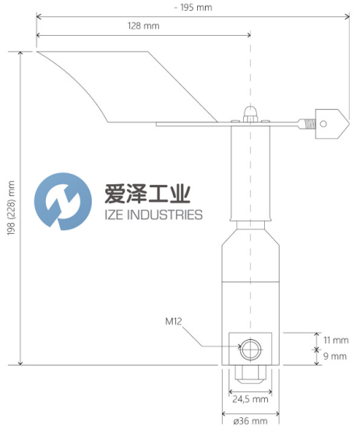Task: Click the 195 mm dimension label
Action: pyautogui.click(x=193, y=8)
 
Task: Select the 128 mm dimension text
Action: pyautogui.click(x=143, y=26)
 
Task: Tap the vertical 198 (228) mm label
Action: pyautogui.click(x=11, y=208)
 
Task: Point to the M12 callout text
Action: pyautogui.click(x=174, y=321)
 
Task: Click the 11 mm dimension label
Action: pyautogui.click(x=336, y=340)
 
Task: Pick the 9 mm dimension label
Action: pyautogui.click(x=335, y=356)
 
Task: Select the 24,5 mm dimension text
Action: pyautogui.click(x=250, y=399)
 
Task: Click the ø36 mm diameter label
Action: pyautogui.click(x=250, y=421)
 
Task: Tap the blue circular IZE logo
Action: pyautogui.click(x=63, y=201)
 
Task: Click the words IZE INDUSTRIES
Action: pyautogui.click(x=154, y=215)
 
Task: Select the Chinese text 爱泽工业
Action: pyautogui.click(x=147, y=194)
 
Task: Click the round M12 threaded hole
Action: pyautogui.click(x=250, y=350)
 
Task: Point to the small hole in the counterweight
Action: pyautogui.click(x=323, y=124)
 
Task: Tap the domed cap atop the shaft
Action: pyautogui.click(x=250, y=113)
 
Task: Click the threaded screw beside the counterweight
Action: pyautogui.click(x=310, y=124)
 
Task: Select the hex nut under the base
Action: pyautogui.click(x=250, y=374)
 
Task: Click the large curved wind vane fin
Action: pyautogui.click(x=127, y=87)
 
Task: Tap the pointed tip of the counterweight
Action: pyautogui.click(x=349, y=124)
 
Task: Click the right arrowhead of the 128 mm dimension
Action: pyautogui.click(x=249, y=35)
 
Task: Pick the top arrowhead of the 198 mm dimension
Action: pyautogui.click(x=20, y=53)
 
